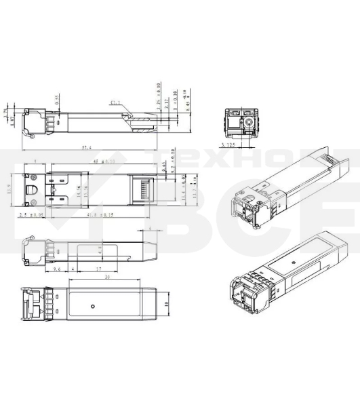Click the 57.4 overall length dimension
[x=86, y=147]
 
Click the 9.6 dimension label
[x=39, y=269]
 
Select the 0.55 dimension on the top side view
[x=58, y=98]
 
